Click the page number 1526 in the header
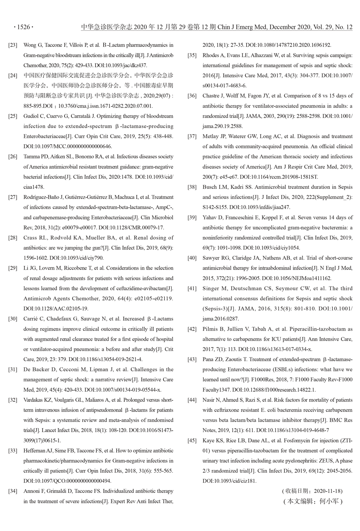tap(23, 27)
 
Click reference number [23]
tap(13, 45)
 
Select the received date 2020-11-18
tap(328, 491)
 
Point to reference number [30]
tap(13, 319)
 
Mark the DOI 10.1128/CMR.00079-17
tap(135, 228)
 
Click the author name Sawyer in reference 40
tap(211, 258)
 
